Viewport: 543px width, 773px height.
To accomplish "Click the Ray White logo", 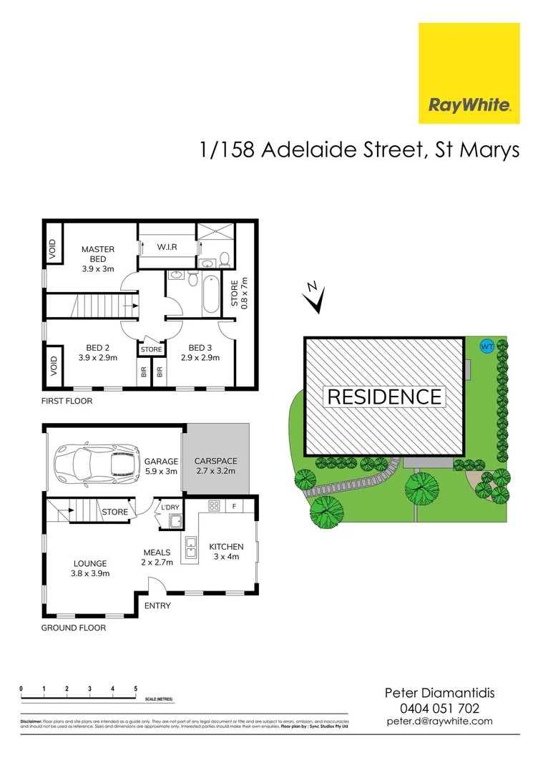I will tap(469, 74).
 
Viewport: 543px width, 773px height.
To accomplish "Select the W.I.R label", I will tap(166, 247).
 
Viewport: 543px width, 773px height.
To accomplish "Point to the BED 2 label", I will tap(97, 353).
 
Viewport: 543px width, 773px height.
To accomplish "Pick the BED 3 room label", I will tap(200, 353).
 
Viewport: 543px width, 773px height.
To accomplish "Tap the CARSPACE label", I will tap(216, 466).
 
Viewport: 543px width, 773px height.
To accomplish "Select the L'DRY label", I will tap(170, 507).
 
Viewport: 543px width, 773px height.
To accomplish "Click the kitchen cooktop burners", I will tap(213, 506).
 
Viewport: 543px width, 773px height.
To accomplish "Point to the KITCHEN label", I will tap(226, 552).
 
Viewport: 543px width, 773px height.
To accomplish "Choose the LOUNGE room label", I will tap(89, 568).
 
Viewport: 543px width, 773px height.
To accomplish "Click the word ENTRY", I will tap(157, 606).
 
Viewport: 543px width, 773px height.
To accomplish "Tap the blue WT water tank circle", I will tap(487, 346).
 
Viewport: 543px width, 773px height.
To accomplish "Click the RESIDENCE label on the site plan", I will tap(384, 396).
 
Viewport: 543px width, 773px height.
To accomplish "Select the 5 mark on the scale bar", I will tap(135, 689).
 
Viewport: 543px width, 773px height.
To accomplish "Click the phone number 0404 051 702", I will tap(439, 708).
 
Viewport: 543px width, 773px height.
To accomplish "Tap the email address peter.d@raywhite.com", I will tap(439, 721).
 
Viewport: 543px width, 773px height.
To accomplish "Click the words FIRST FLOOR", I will tap(67, 401).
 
